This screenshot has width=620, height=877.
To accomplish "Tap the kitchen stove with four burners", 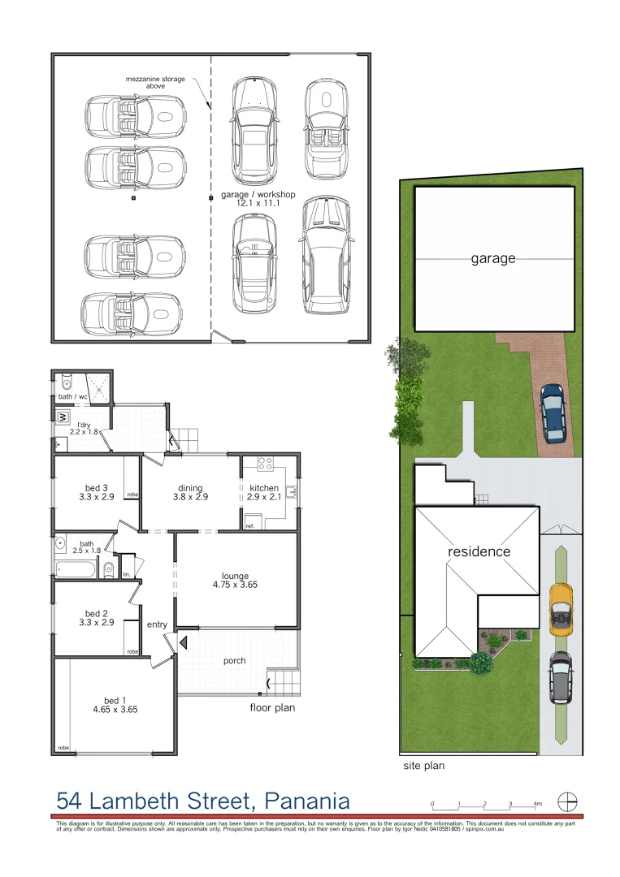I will pos(265,464).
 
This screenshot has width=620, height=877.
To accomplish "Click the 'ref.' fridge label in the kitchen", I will pos(250,526).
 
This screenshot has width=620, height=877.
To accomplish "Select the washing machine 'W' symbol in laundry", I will pos(62,417).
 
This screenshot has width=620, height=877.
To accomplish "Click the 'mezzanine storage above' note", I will pos(155,82).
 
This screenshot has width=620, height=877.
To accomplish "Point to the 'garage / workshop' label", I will pos(258,195).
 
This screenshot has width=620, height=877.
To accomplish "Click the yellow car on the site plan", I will pos(560,609).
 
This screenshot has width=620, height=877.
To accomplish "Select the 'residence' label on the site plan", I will pos(479,551).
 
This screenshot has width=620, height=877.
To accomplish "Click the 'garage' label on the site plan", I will pos(493,259).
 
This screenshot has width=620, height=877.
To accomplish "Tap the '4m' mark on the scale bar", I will pos(536,803).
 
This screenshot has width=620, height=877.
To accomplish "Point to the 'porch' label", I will pos(234,660).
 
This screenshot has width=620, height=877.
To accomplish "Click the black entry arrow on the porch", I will pos(184,643).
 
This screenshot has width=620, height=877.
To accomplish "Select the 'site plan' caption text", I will pos(424,765).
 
